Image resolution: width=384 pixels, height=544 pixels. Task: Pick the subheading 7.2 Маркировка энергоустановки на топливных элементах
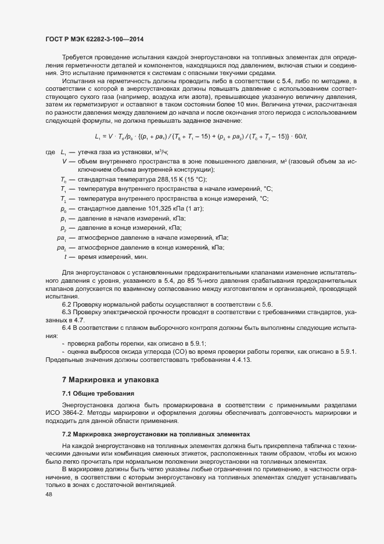tap(156, 434)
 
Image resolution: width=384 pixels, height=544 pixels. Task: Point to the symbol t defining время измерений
tap(65, 257)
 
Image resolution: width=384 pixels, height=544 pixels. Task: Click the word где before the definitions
tap(49, 152)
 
